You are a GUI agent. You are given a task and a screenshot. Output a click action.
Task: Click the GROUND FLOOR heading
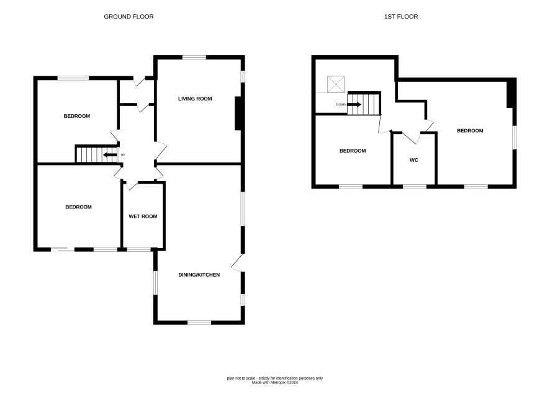(128, 17)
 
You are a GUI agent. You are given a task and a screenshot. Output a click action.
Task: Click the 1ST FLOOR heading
(401, 17)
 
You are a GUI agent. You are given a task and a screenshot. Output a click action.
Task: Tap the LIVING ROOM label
(195, 99)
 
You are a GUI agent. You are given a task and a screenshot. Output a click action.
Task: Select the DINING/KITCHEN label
(199, 275)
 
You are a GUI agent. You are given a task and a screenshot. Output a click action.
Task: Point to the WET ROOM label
(143, 217)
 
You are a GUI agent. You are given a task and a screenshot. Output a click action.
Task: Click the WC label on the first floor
(414, 160)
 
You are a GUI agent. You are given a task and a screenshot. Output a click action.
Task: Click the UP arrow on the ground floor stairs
(110, 155)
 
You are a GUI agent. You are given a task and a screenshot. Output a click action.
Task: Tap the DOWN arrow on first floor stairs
(354, 104)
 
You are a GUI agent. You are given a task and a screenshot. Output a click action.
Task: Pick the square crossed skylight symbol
(336, 84)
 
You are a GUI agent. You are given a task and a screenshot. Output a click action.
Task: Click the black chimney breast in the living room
(238, 113)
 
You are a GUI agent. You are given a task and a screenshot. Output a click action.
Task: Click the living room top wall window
(194, 57)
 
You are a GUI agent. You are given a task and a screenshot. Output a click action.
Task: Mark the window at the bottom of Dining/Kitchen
(199, 323)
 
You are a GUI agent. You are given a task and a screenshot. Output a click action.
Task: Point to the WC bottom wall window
(415, 187)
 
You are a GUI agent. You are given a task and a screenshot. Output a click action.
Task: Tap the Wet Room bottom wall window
(138, 249)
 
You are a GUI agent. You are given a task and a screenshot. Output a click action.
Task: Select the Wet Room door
(130, 185)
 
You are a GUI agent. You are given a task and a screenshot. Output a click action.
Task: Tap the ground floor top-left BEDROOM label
(77, 117)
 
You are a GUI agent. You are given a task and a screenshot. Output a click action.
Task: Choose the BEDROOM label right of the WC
(470, 131)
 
